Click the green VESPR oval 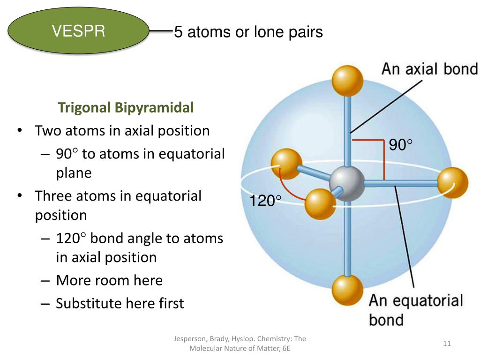pos(79,31)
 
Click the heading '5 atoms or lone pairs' pos(248,32)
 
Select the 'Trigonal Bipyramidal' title pos(126,108)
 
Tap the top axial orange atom pos(347,81)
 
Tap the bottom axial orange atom pos(347,290)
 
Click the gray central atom pos(347,184)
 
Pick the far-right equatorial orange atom pos(453,183)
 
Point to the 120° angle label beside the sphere pos(265,202)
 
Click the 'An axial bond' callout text pos(429,69)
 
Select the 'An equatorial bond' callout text pos(415,309)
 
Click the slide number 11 pos(447,344)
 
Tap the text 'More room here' pos(109,280)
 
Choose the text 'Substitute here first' pos(120,303)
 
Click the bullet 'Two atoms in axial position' pos(122,130)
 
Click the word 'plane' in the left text pos(74,172)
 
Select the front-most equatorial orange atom pos(320,204)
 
